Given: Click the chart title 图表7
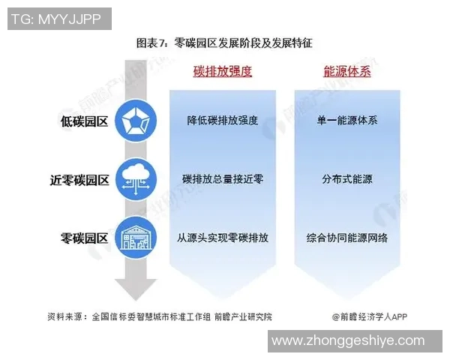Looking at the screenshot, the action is pos(151,43).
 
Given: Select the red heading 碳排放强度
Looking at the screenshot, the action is pos(223,71).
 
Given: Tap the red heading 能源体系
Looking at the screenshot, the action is pos(347,71).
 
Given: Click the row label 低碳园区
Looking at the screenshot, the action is pos(84,121).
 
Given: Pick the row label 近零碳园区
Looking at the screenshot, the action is pos(79,180).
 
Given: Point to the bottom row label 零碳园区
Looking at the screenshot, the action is pos(84,238).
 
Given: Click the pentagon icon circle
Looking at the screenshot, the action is pos(136,121).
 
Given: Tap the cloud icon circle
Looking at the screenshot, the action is pos(136,179).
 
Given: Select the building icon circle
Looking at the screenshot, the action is pos(136,238).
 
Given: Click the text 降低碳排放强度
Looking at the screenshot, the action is pos(223,120).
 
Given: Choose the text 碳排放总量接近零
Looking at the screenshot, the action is pos(223,179).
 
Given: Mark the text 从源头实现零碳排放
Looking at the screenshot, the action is pos(223,238).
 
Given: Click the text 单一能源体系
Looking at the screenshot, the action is pos(347,120).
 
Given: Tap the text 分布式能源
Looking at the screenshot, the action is pos(347,179).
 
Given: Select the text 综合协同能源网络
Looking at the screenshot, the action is pos(347,238).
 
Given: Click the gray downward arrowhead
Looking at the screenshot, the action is pos(136,289).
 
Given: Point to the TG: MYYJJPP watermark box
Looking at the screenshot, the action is pos(59,19).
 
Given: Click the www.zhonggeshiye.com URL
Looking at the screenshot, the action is pos(348,340).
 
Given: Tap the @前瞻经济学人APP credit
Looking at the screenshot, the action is pos(370,316).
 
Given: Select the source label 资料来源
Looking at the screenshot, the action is pos(64,316).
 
